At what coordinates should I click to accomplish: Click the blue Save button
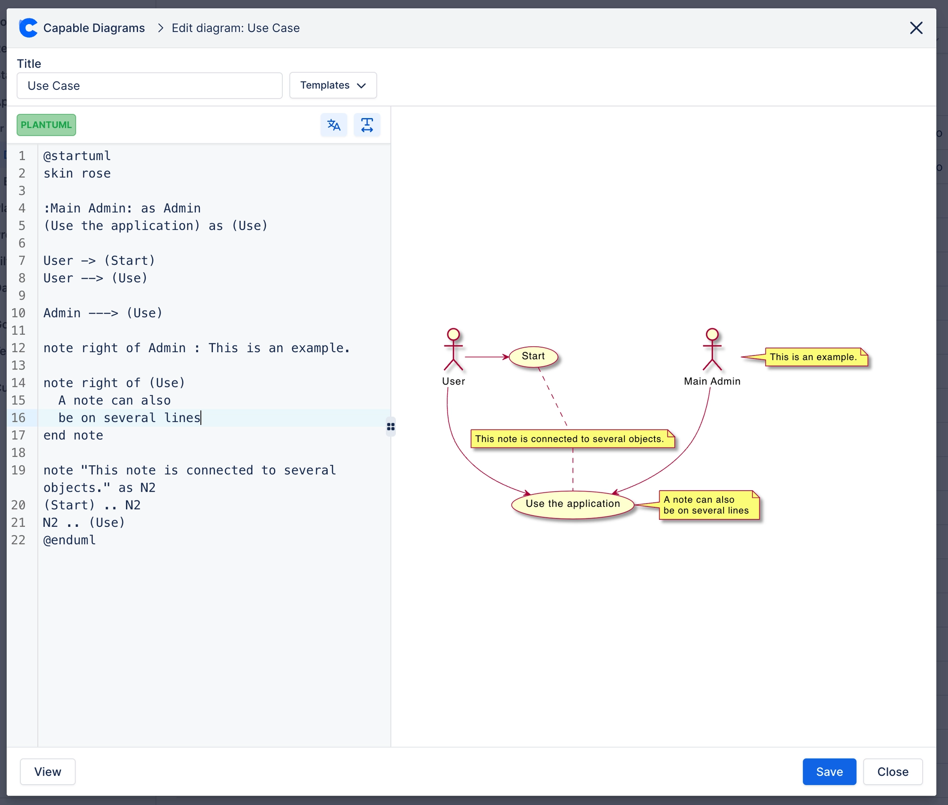(829, 771)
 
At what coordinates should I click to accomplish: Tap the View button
(48, 771)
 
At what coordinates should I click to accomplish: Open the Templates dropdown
(333, 85)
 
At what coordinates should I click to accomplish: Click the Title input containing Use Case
(150, 86)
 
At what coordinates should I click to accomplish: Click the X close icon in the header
(916, 28)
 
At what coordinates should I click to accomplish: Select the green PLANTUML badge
(46, 125)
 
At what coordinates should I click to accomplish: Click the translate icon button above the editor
(334, 125)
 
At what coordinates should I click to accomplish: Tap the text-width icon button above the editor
(367, 125)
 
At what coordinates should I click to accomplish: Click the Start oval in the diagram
(533, 356)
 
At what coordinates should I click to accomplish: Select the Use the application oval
(572, 504)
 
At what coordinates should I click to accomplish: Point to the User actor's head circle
(453, 334)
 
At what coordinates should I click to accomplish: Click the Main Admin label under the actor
(712, 381)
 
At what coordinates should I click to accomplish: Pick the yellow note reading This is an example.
(815, 357)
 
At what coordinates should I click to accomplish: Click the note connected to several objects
(571, 439)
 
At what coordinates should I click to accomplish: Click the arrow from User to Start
(486, 357)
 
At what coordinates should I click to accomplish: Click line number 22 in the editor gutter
(19, 540)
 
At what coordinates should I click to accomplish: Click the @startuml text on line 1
(77, 156)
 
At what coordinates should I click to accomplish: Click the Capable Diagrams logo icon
(28, 28)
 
